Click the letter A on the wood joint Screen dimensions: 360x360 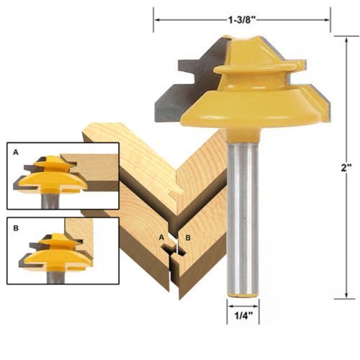(162, 237)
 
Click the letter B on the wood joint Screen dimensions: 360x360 (187, 238)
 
